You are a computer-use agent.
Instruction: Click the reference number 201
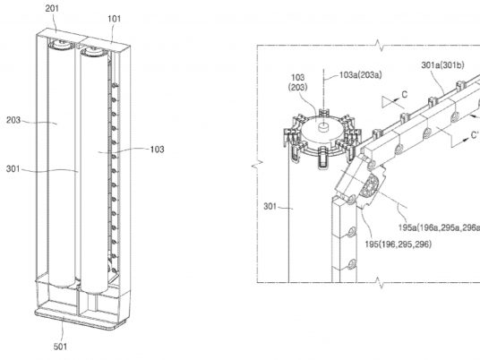[52, 8]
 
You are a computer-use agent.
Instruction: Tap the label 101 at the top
[115, 19]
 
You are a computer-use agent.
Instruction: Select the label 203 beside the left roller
[13, 120]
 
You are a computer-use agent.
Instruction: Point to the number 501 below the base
[60, 347]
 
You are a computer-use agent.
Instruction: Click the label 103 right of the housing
[157, 149]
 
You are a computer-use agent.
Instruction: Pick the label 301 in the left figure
[13, 168]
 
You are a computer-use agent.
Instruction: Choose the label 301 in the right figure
[270, 206]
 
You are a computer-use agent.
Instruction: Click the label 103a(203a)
[361, 75]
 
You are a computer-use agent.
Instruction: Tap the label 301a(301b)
[442, 64]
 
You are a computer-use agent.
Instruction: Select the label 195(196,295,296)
[398, 244]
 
